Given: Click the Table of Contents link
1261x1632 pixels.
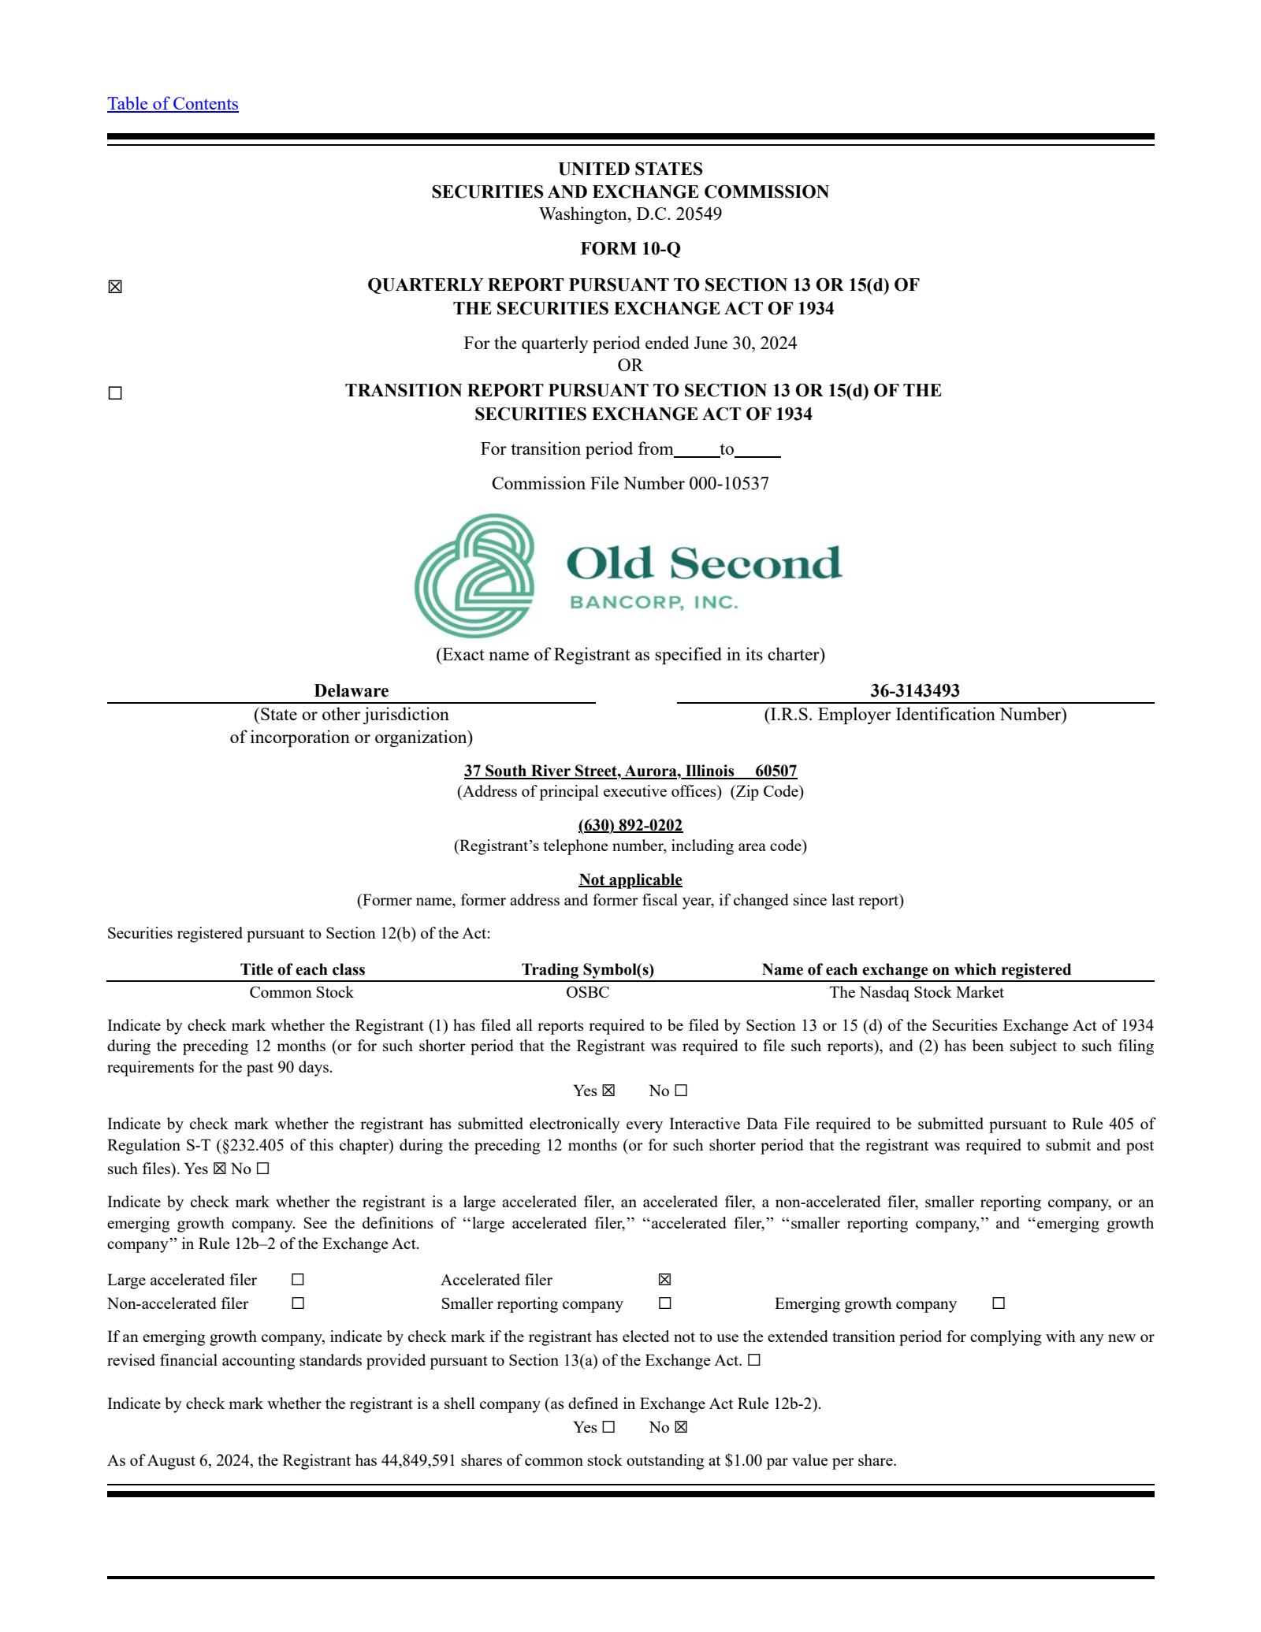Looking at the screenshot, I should click(173, 104).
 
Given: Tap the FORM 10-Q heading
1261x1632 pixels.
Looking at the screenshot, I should click(630, 249).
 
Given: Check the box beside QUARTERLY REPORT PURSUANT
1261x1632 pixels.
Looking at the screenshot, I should click(115, 287).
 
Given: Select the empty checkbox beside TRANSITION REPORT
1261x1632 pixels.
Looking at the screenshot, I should click(115, 393).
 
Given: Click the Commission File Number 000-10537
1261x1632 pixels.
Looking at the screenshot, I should click(630, 484).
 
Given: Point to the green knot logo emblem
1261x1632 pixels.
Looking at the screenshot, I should click(475, 576).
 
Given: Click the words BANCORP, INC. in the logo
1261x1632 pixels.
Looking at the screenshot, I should click(653, 603).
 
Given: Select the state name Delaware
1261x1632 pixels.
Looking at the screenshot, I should click(351, 691).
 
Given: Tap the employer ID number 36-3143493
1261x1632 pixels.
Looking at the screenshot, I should click(914, 691).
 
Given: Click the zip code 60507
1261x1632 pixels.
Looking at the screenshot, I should click(776, 771).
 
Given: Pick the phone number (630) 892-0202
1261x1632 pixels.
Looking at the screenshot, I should click(630, 825).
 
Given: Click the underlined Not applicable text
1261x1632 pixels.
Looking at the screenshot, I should click(630, 879).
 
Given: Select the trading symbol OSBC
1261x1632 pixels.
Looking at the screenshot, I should click(587, 992).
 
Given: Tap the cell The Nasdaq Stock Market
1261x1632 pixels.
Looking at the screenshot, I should click(916, 992).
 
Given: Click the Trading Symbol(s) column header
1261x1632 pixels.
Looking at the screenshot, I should click(587, 969).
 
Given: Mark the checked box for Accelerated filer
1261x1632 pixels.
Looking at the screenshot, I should click(664, 1280).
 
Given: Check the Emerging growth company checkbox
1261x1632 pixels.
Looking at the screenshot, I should click(999, 1303).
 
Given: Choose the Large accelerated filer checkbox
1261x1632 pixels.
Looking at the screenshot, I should click(298, 1280).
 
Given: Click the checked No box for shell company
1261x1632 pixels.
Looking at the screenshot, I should click(681, 1427).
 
